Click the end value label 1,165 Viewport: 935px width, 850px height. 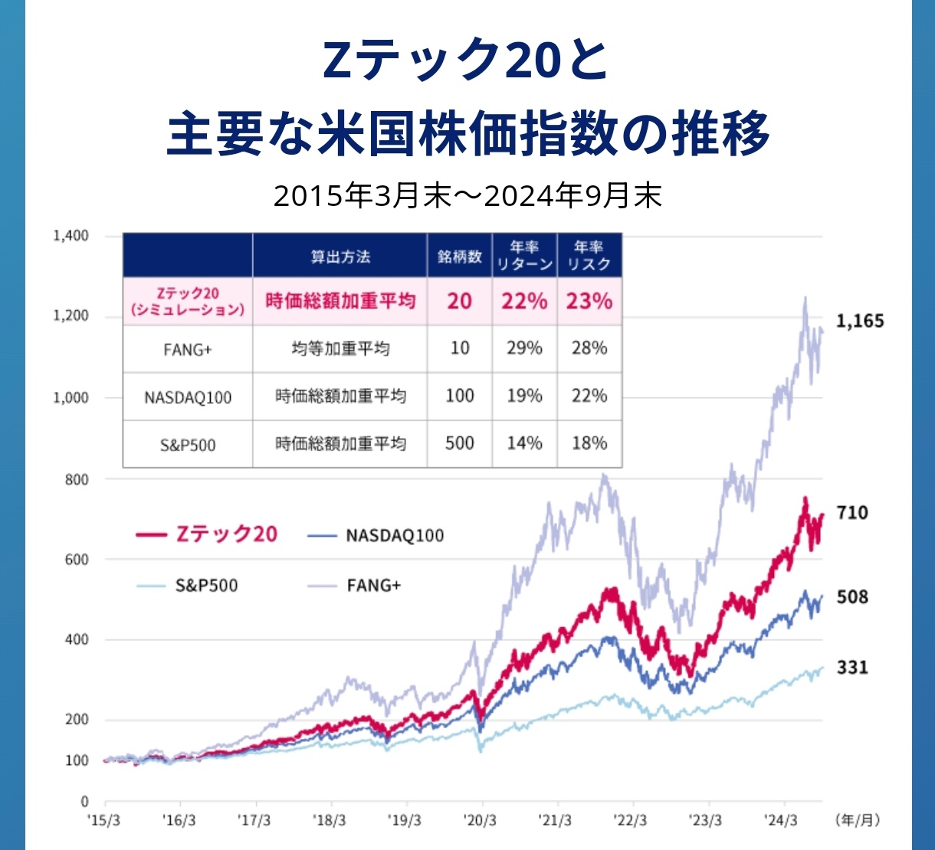tap(859, 321)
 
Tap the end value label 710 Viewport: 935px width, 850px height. tap(851, 512)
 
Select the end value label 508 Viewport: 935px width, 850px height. tap(851, 597)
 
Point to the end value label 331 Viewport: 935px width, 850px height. tap(851, 668)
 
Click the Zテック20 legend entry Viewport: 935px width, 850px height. tap(206, 534)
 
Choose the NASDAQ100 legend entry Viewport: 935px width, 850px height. tap(376, 535)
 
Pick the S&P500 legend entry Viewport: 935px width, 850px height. tap(187, 586)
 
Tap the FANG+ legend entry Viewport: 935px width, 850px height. tap(354, 586)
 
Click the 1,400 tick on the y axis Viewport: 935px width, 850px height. tap(71, 236)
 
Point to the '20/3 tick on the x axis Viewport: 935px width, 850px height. tap(480, 820)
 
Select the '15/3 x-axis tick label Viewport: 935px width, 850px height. tap(103, 820)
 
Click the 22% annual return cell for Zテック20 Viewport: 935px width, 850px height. tap(524, 301)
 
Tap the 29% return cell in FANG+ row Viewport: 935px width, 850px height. tap(524, 348)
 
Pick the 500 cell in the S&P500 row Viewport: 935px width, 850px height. tap(459, 443)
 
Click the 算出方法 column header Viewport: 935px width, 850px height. tap(340, 257)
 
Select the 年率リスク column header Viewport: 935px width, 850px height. tap(589, 256)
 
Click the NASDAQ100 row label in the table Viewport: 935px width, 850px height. tap(188, 397)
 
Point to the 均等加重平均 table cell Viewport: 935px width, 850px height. tap(340, 349)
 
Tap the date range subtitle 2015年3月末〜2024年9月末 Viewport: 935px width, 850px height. tap(467, 197)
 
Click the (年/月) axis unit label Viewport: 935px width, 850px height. tap(858, 820)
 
